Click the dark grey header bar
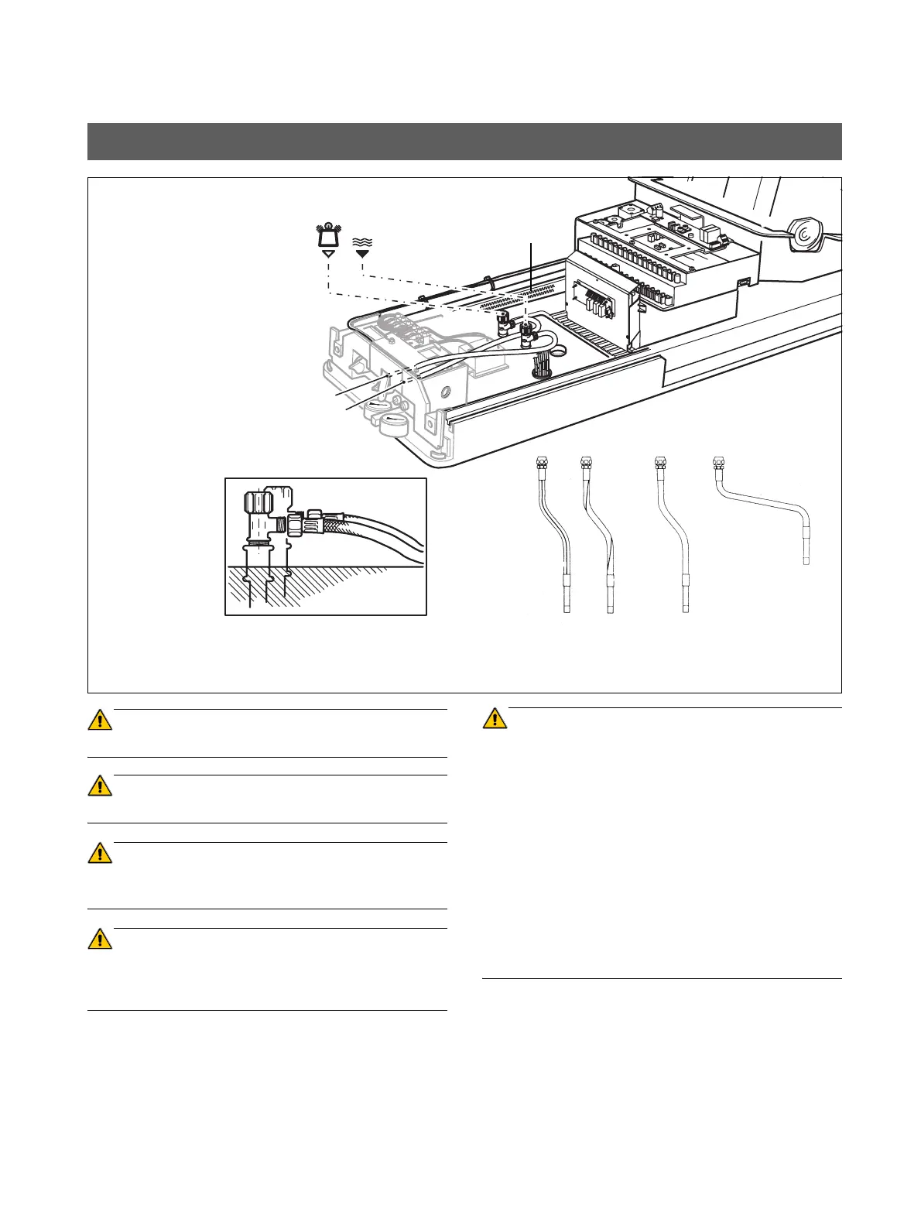(x=464, y=141)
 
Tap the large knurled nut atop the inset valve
(x=257, y=503)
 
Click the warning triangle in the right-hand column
(x=494, y=719)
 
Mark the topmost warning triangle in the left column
(x=100, y=720)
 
